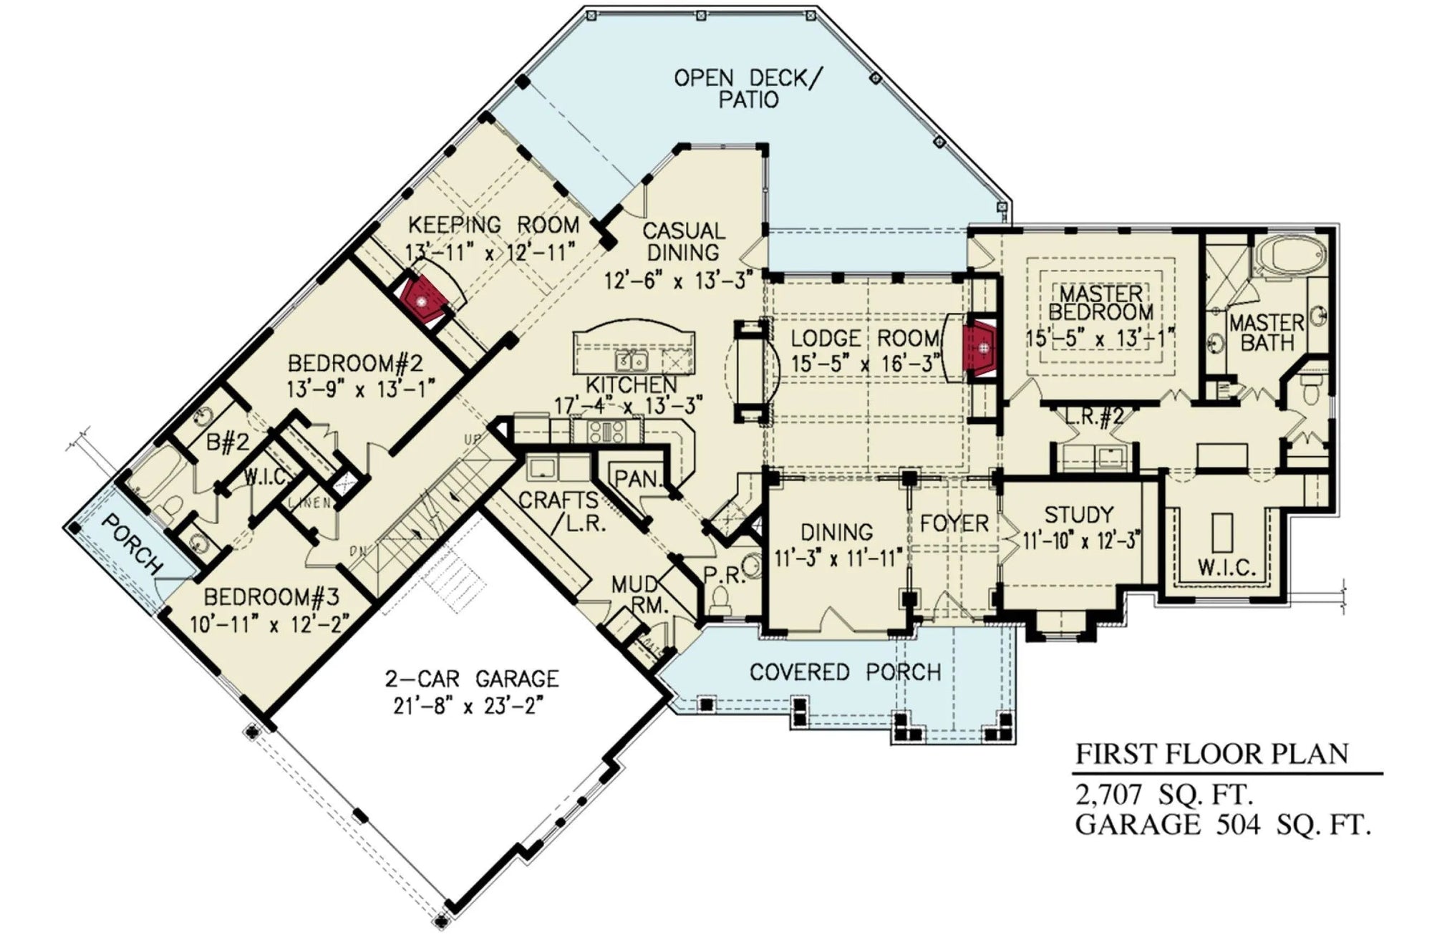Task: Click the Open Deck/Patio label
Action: coord(748,88)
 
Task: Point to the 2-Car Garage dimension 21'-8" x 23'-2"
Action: coord(465,706)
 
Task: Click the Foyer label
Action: coord(954,523)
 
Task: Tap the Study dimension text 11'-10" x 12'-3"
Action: coord(1080,541)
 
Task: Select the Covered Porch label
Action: coord(845,672)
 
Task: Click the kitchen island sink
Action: coord(632,359)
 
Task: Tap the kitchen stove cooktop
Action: coord(606,430)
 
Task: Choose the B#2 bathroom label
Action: coord(228,442)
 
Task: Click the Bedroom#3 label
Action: coord(271,596)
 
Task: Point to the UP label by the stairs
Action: coord(473,439)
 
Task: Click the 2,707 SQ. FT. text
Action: coord(1163,795)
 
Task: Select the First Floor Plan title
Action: coord(1211,754)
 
